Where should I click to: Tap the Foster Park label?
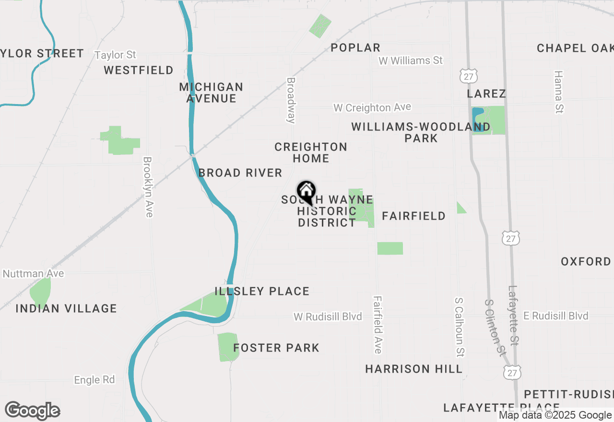(276, 348)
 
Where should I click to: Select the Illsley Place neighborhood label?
(262, 291)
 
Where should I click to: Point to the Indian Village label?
(66, 308)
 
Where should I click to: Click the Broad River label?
(240, 173)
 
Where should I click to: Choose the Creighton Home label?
(311, 152)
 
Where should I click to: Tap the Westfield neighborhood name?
(139, 70)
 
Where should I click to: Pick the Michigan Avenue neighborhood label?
(211, 93)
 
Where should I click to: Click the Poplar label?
(355, 47)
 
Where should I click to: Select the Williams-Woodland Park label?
(421, 132)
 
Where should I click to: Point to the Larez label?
(486, 93)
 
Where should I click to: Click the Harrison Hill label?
(413, 369)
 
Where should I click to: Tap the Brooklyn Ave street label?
(148, 187)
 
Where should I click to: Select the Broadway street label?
(291, 101)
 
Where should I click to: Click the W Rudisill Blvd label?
(328, 316)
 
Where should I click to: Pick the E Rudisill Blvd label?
(555, 316)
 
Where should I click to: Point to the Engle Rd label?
(94, 380)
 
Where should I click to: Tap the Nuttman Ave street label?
(33, 274)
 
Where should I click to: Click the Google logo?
(32, 411)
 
